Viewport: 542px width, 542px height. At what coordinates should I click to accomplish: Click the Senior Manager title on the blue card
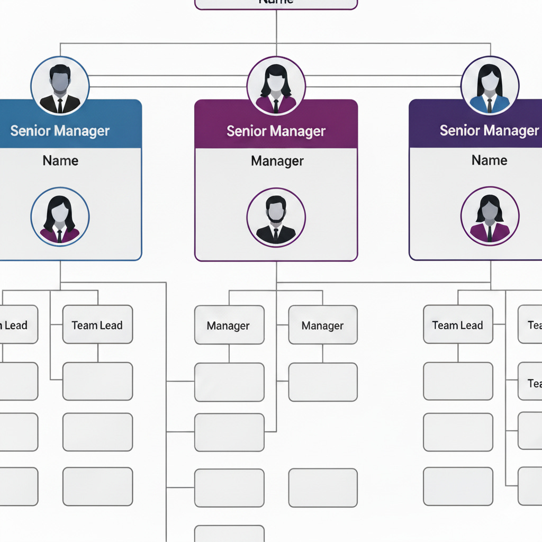[x=60, y=131]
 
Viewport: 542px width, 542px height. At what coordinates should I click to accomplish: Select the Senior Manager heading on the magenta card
[x=276, y=131]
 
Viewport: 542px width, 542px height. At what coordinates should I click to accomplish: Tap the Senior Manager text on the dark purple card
[x=489, y=130]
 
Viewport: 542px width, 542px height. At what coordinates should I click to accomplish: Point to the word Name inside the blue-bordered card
[x=60, y=160]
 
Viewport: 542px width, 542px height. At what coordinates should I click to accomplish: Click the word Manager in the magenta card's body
[x=277, y=161]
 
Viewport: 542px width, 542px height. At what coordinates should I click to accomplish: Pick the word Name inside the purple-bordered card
[x=489, y=160]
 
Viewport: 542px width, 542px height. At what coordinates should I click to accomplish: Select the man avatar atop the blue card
[x=60, y=85]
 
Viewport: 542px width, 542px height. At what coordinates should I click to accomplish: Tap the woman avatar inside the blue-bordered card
[x=60, y=217]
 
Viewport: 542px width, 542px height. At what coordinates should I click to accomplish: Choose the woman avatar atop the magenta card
[x=276, y=86]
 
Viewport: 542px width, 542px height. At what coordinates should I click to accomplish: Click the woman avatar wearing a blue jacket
[x=490, y=85]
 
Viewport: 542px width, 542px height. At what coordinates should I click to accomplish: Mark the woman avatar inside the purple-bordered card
[x=490, y=217]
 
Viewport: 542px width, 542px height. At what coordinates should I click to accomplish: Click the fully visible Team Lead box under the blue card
[x=97, y=325]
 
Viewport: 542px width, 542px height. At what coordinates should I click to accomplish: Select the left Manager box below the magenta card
[x=229, y=326]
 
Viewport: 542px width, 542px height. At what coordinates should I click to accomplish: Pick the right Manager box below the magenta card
[x=323, y=326]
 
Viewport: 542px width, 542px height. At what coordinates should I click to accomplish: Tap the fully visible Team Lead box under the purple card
[x=458, y=325]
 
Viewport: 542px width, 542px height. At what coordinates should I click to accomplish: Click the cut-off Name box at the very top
[x=276, y=3]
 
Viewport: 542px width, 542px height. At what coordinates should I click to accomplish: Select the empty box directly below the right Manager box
[x=323, y=382]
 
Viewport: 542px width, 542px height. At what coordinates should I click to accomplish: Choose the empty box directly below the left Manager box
[x=229, y=382]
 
